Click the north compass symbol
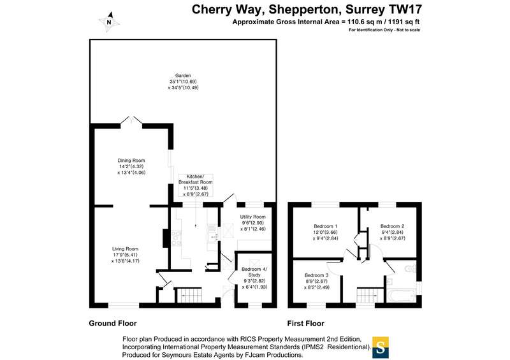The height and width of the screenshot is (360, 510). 109,22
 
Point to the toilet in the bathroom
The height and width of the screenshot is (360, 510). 411,269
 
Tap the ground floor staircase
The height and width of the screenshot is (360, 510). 189,295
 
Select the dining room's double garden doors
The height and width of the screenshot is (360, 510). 131,120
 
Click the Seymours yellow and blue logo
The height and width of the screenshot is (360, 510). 381,347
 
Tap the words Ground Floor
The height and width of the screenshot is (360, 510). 113,323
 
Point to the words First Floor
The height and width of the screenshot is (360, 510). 306,324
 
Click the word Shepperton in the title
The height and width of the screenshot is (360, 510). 305,10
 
